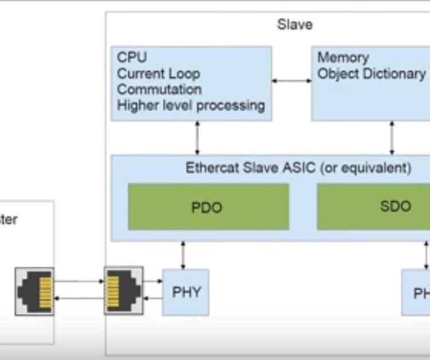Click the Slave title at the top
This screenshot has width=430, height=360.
click(x=295, y=25)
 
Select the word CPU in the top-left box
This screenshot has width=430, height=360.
click(x=132, y=57)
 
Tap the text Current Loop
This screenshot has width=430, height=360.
click(x=158, y=73)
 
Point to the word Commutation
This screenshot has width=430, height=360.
click(x=159, y=89)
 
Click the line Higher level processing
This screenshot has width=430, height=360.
click(x=190, y=105)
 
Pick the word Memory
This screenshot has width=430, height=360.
click(x=343, y=57)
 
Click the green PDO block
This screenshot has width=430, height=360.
click(x=208, y=207)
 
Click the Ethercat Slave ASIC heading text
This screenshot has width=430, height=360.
click(x=298, y=168)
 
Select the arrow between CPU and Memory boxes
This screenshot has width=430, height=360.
click(x=291, y=81)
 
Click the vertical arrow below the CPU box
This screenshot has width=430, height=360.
click(x=197, y=138)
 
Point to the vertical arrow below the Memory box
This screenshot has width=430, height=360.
click(x=392, y=138)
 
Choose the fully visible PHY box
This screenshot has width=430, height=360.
click(x=185, y=292)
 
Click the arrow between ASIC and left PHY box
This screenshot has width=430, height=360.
click(x=183, y=255)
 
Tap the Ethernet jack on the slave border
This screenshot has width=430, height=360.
click(x=123, y=290)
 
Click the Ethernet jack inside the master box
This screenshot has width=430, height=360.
click(x=34, y=291)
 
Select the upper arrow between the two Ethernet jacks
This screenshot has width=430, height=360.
click(x=79, y=281)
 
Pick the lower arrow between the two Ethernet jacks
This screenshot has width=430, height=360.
click(x=79, y=298)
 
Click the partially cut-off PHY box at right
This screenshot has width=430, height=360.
click(x=416, y=292)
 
